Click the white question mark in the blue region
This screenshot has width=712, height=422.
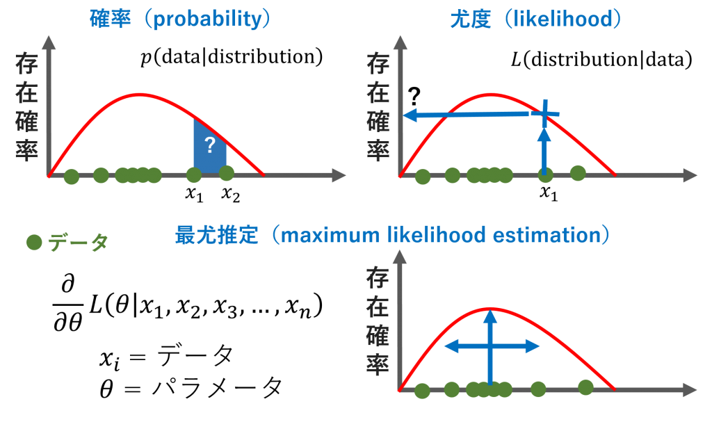click(210, 146)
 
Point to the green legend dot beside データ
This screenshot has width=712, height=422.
click(33, 243)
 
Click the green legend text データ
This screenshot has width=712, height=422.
click(78, 243)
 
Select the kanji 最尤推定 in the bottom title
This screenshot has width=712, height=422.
click(216, 235)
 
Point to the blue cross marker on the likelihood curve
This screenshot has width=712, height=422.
click(545, 113)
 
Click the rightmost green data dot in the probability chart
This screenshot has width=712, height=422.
click(226, 173)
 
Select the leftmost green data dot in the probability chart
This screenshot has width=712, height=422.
click(71, 177)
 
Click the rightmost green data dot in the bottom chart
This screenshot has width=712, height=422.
click(586, 387)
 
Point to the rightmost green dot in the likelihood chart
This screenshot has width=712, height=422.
click(578, 173)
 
